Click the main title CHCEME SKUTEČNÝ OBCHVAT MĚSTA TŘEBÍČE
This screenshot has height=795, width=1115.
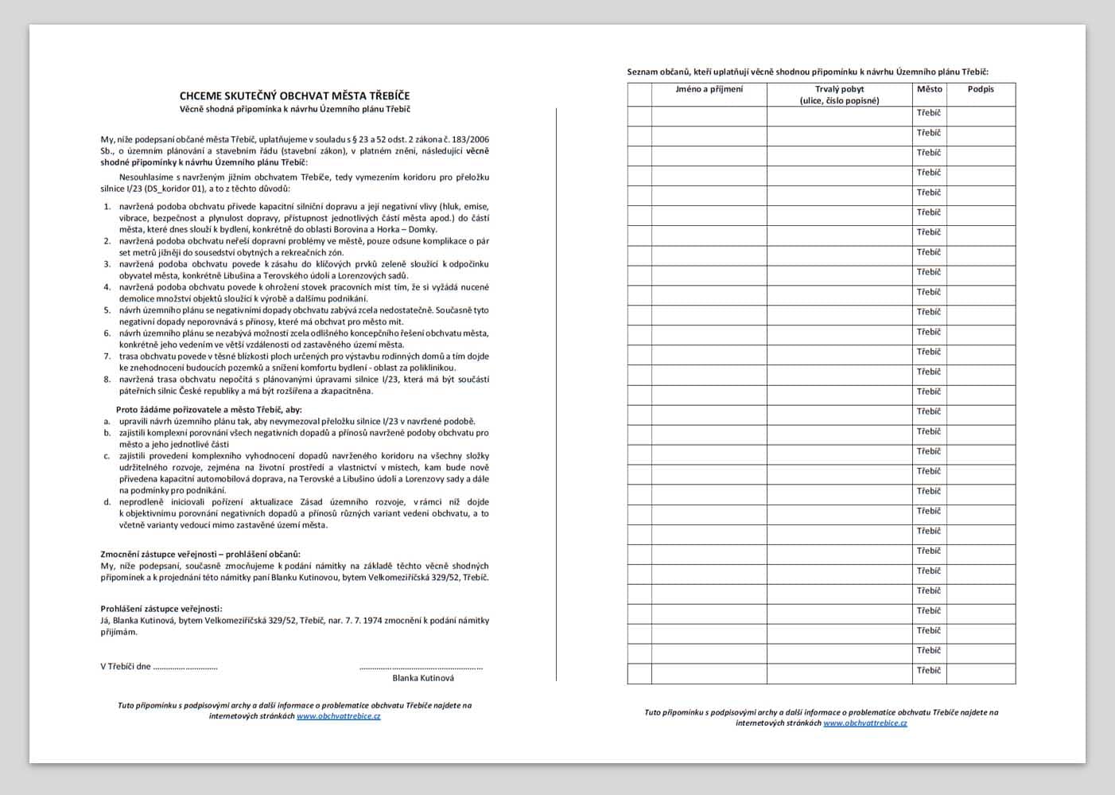[294, 95]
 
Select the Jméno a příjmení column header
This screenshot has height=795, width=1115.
[709, 89]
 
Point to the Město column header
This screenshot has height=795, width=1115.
[929, 89]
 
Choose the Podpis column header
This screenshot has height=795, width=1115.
[981, 89]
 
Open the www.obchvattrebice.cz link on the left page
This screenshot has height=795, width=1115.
[338, 716]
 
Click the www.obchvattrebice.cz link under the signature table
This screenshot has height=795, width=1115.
[865, 723]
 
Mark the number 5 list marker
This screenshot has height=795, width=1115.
[107, 310]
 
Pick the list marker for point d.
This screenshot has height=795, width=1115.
[107, 502]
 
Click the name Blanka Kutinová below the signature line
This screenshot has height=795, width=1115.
[423, 678]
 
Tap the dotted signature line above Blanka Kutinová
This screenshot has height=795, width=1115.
[421, 668]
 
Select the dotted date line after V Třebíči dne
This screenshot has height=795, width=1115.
[185, 668]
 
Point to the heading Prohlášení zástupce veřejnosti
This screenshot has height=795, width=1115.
[161, 609]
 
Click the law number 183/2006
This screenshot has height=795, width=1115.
[470, 139]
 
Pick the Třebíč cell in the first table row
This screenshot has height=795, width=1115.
[929, 113]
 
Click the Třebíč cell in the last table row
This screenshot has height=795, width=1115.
[929, 671]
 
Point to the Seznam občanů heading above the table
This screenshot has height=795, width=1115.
[807, 72]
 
